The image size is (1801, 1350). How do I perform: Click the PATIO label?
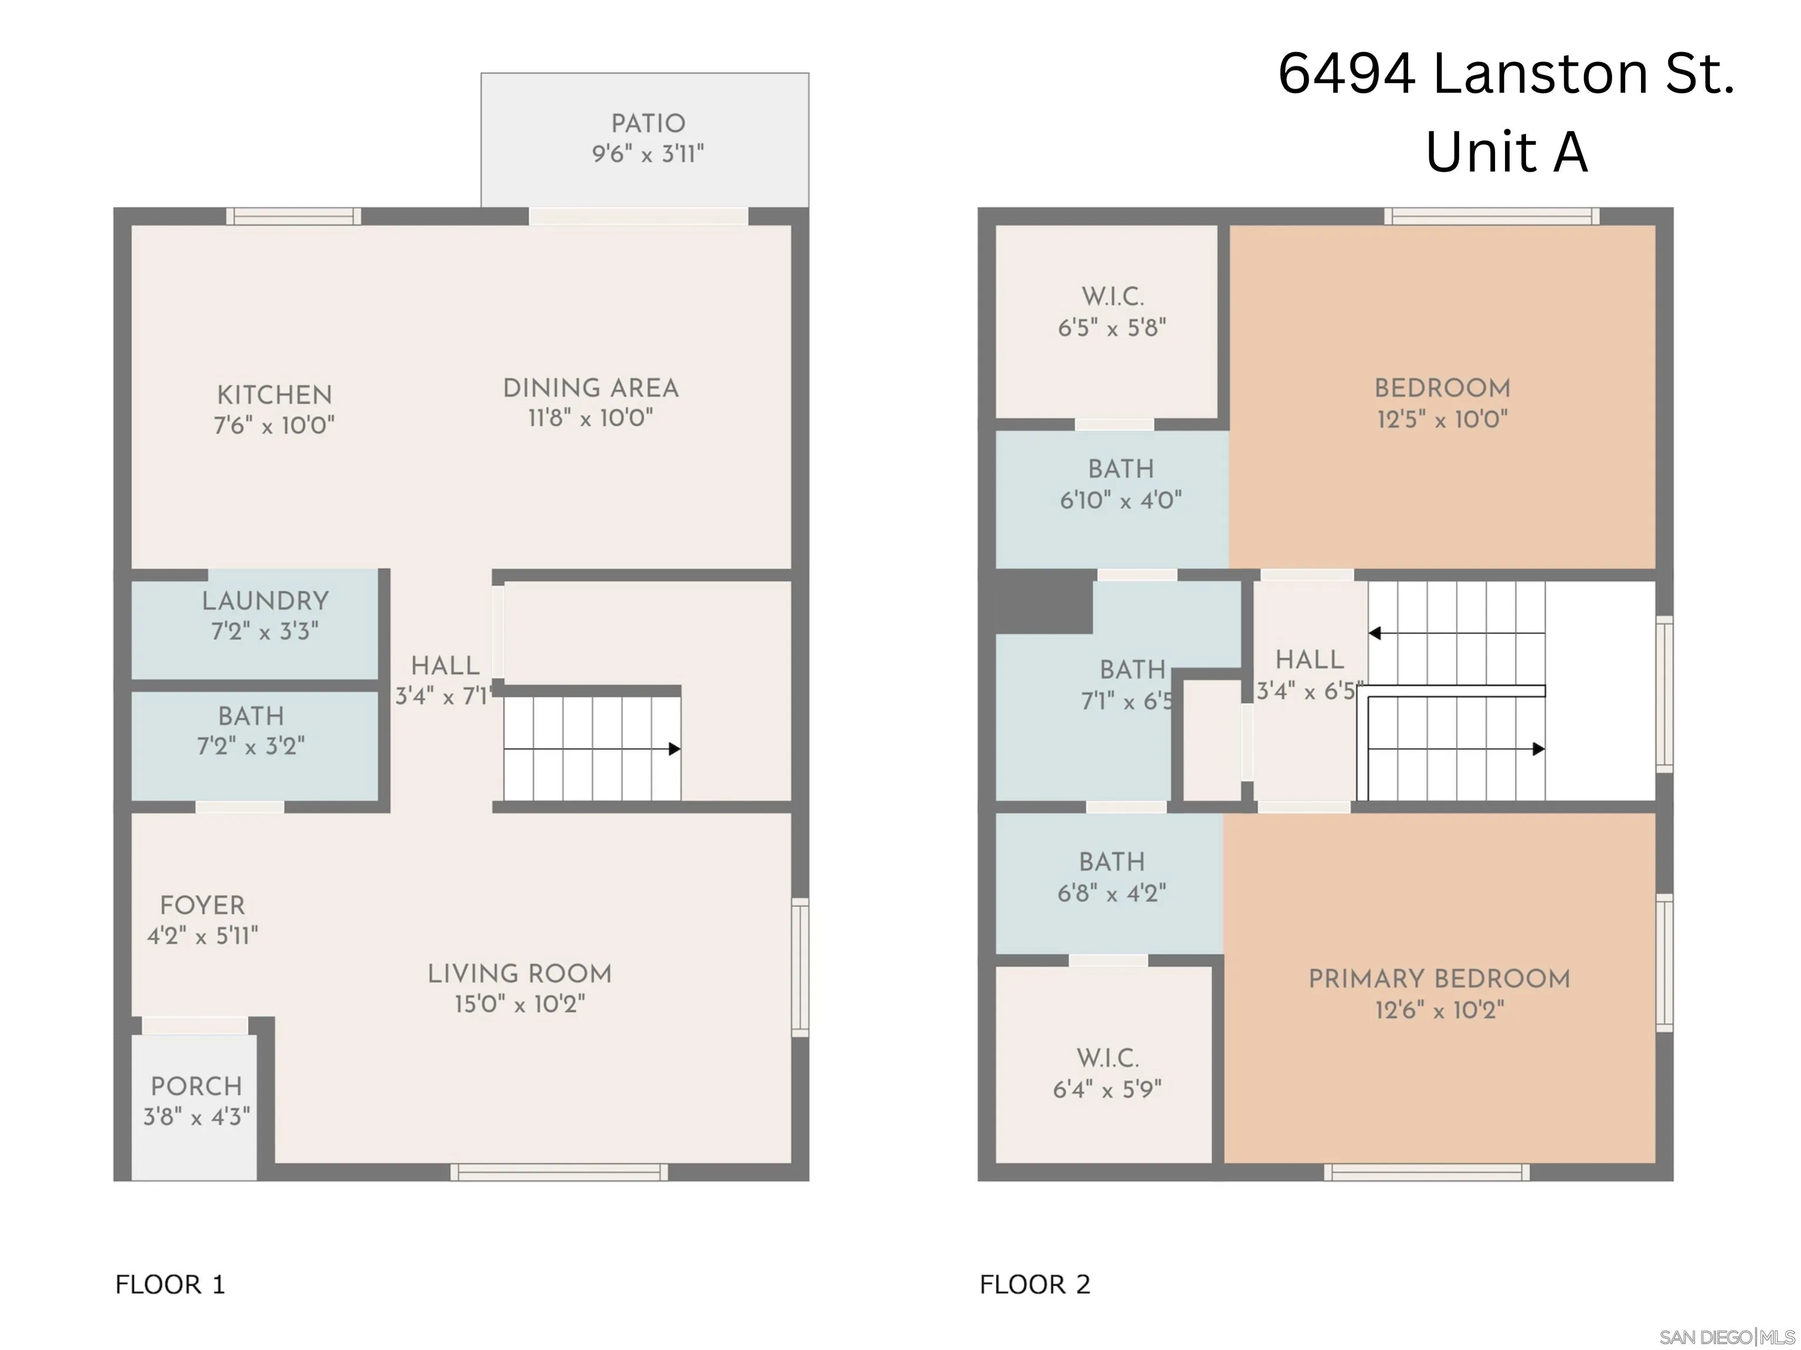(x=648, y=124)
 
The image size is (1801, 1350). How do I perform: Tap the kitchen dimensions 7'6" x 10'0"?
(x=274, y=425)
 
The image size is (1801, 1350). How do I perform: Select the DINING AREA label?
(x=590, y=388)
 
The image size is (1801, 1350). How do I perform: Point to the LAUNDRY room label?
(x=266, y=601)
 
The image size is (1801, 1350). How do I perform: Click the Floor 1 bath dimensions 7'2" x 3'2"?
(x=251, y=746)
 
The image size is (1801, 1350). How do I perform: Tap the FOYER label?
(x=202, y=906)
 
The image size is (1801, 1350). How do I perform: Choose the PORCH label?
(x=196, y=1086)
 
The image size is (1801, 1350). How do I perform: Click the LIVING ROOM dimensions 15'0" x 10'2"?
(x=519, y=1004)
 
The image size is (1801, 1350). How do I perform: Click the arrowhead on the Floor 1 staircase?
(x=674, y=749)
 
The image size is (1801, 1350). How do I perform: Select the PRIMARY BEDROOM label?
(x=1439, y=979)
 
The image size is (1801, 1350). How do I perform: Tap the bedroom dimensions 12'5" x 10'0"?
(x=1442, y=420)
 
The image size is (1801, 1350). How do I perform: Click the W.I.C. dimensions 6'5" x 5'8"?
(x=1112, y=328)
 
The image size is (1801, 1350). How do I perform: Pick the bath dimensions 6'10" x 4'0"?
(x=1120, y=500)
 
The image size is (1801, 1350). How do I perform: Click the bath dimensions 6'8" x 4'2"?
(x=1112, y=894)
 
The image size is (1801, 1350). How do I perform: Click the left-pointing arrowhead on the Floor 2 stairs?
(x=1374, y=633)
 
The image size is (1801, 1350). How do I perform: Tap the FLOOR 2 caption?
(x=1034, y=1284)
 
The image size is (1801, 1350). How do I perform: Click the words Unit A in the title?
(x=1506, y=152)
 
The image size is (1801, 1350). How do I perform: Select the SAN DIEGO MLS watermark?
(x=1726, y=1337)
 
